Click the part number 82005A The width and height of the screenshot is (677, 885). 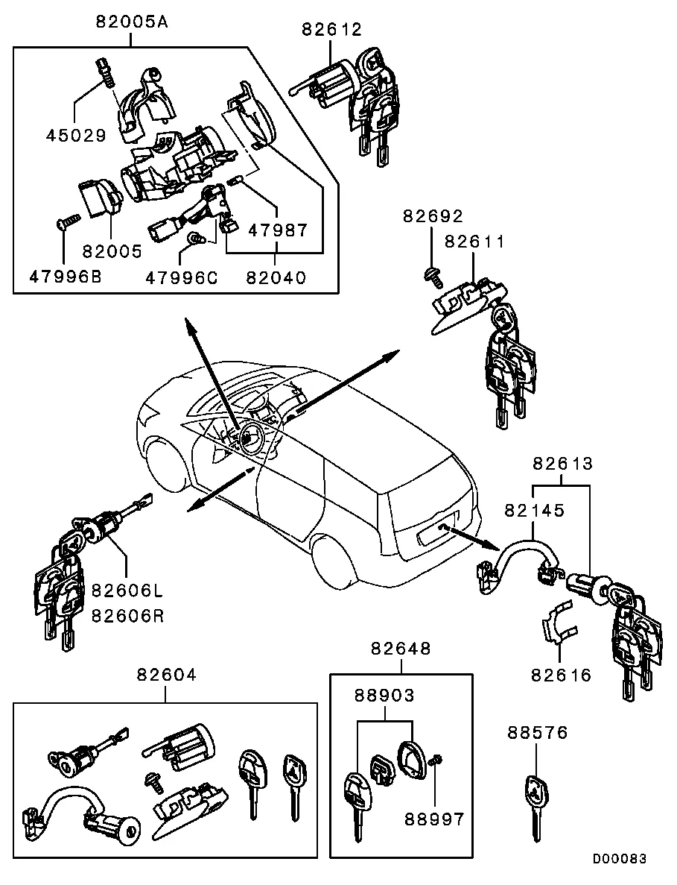(x=132, y=22)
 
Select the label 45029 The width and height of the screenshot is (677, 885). (x=76, y=136)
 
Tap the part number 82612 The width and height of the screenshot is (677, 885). (x=331, y=29)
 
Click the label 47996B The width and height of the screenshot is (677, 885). (x=66, y=277)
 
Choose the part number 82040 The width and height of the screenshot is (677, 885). (x=276, y=277)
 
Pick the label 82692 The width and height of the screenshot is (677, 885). (x=433, y=216)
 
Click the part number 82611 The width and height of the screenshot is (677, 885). (x=474, y=242)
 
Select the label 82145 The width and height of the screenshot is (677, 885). (x=535, y=511)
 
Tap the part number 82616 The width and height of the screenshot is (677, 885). (x=561, y=675)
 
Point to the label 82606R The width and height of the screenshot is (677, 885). (x=127, y=616)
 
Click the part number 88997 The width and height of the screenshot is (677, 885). (x=434, y=819)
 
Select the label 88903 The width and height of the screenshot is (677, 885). (x=384, y=696)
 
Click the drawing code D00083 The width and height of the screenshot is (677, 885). (x=619, y=859)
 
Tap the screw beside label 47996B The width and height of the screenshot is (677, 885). (x=66, y=221)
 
